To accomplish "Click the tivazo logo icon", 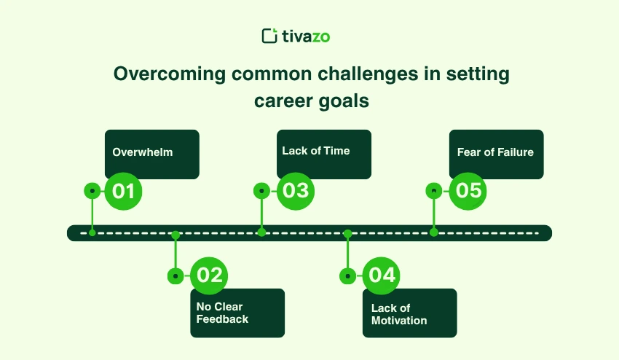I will (x=269, y=36).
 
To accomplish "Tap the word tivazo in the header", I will (x=307, y=36).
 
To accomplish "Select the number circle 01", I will (x=124, y=191).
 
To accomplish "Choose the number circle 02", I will (x=209, y=275).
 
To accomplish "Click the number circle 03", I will (x=296, y=191).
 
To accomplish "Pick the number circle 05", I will (x=468, y=191).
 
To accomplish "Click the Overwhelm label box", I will (x=151, y=154).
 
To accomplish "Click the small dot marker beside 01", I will (x=92, y=191).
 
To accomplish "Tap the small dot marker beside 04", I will (x=348, y=276).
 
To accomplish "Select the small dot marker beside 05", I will (x=434, y=191).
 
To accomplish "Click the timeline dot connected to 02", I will (x=176, y=235).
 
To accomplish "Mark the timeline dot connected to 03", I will (x=261, y=232).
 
